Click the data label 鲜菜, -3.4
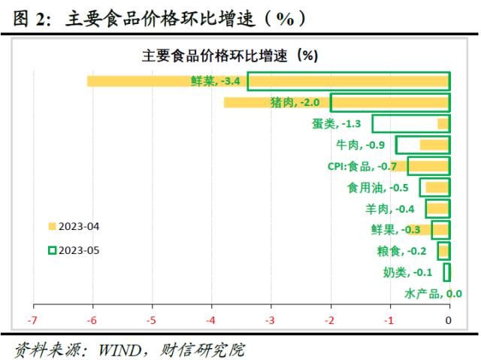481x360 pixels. (215, 81)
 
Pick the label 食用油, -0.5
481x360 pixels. (377, 187)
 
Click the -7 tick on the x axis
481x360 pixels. (33, 321)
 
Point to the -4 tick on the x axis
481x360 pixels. (211, 321)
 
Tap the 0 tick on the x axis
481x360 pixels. (449, 321)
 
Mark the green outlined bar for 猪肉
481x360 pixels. (389, 103)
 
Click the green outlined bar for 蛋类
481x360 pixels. (410, 124)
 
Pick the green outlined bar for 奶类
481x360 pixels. (446, 272)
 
